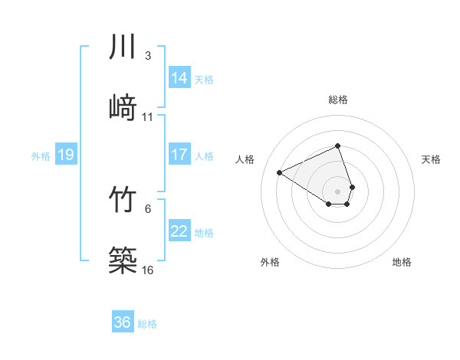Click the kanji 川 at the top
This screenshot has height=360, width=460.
pos(123,47)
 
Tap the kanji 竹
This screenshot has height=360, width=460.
pos(123,200)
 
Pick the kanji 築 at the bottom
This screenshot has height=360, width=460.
pos(123,260)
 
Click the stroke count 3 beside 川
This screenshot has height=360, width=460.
pos(148,56)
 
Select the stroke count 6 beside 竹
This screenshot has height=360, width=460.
pos(148,208)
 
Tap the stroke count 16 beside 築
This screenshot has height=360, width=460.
pos(148,270)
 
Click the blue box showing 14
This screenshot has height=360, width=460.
pos(179,78)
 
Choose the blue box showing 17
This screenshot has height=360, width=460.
pos(179,155)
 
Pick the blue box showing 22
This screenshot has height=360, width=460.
pos(179,231)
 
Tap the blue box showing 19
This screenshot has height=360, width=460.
pos(65,155)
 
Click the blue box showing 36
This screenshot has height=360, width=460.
pos(123,323)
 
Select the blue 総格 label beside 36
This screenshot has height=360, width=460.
pos(147,324)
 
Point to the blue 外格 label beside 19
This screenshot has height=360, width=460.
pos(41,156)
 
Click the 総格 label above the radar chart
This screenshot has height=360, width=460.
pos(337,100)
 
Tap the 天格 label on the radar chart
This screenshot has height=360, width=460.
pos(431,159)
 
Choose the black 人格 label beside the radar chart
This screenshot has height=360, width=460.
pos(245,159)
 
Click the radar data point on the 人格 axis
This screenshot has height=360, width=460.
pos(280,172)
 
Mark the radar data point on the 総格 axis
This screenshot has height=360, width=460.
pos(337,146)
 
